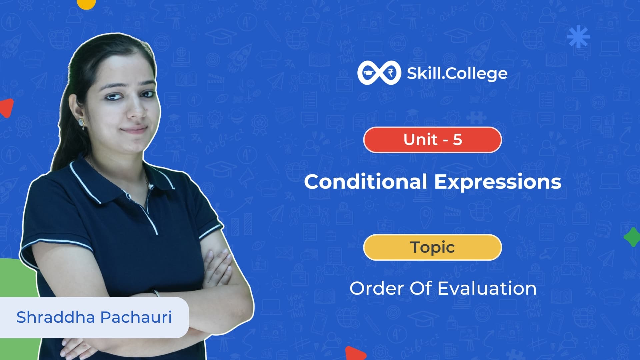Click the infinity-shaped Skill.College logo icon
tap(378, 73)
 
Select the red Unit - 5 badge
tap(432, 140)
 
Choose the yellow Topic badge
tap(432, 247)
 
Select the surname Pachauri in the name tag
tap(136, 317)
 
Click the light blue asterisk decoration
tap(578, 37)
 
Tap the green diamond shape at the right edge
tap(632, 237)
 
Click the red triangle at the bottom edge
tap(355, 354)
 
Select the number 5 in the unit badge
tap(457, 140)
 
